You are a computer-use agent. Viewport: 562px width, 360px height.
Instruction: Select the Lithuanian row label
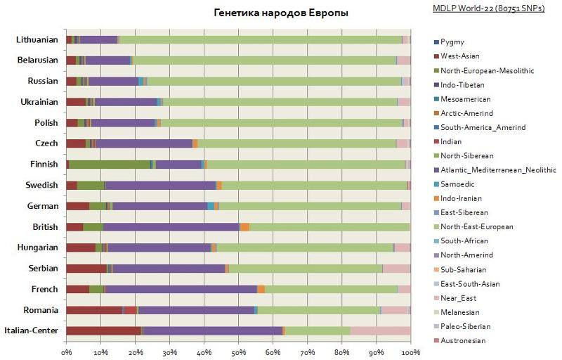[37, 39]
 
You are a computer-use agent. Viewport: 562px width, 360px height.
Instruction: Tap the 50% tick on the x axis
[238, 352]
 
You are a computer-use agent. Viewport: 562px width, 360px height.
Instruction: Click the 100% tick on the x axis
[410, 352]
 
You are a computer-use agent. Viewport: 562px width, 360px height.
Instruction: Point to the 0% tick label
[67, 352]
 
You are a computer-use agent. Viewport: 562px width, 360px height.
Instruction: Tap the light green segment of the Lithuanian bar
[260, 39]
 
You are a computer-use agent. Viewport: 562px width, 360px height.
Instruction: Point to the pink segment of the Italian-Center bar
[380, 330]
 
